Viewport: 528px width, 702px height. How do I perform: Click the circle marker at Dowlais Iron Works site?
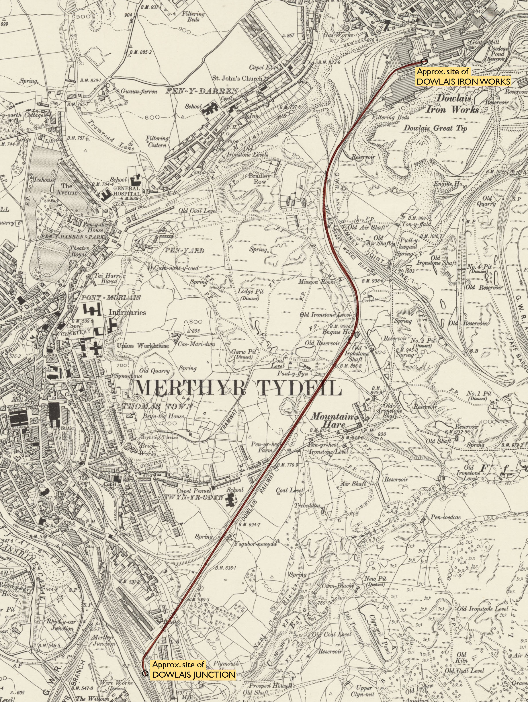(x=424, y=61)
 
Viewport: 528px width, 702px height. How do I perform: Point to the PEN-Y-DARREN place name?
(x=202, y=91)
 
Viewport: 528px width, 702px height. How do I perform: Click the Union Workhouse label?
(x=143, y=346)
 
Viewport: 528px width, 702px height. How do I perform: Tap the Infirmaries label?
(x=127, y=312)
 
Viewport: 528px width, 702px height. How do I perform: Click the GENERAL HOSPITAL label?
(x=127, y=191)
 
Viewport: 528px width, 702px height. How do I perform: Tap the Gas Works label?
(x=338, y=35)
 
